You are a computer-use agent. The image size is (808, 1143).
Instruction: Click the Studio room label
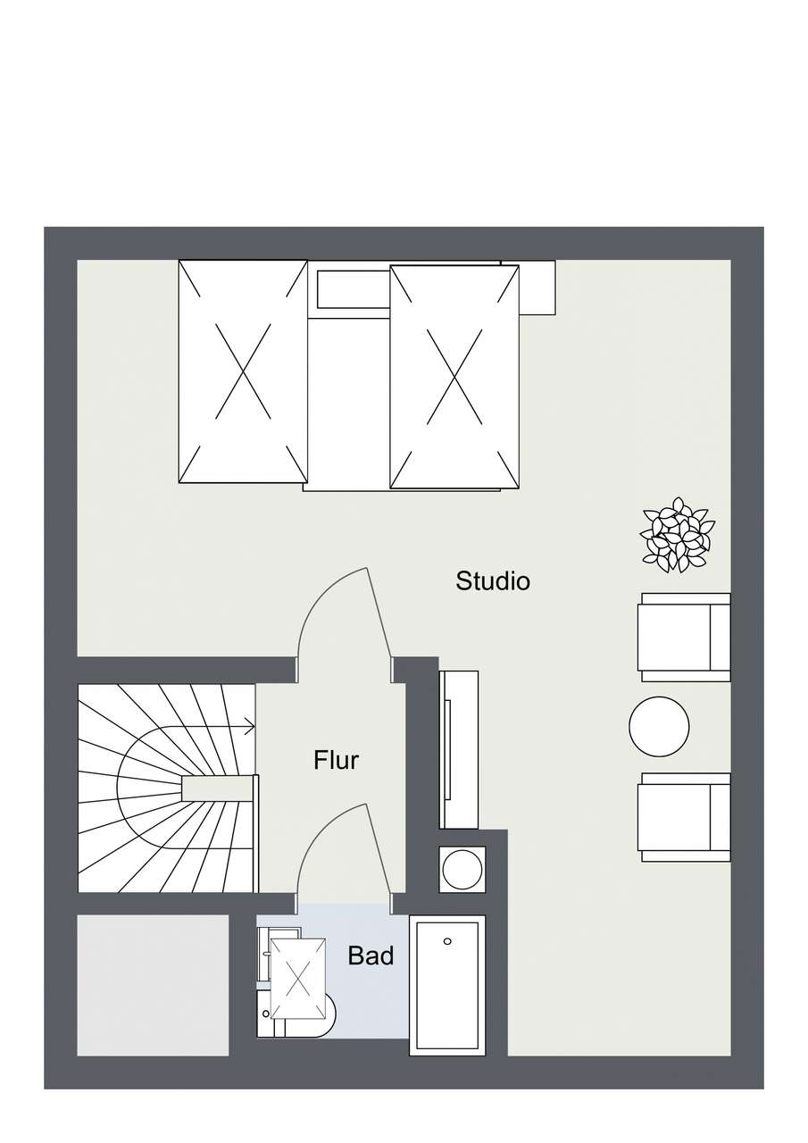click(x=493, y=581)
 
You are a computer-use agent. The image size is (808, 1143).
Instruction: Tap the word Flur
click(x=337, y=760)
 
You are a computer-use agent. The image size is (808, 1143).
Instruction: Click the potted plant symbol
click(x=678, y=535)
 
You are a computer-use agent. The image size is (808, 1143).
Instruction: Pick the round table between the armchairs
click(x=659, y=727)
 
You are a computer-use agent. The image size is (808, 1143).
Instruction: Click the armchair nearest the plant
click(x=684, y=638)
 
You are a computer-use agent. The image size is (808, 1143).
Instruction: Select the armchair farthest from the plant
click(x=684, y=817)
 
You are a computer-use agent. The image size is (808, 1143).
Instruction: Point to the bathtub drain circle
click(x=447, y=941)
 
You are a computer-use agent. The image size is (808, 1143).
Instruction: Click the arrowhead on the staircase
click(x=250, y=727)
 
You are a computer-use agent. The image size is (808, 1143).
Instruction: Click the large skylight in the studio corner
click(x=243, y=371)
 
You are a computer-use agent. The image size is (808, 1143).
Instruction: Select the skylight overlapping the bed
click(x=454, y=377)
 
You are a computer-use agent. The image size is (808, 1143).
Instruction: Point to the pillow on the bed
click(x=354, y=289)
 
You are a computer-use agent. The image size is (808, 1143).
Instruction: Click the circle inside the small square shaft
click(x=462, y=870)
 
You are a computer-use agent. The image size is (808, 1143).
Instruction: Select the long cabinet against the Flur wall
click(x=459, y=756)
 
